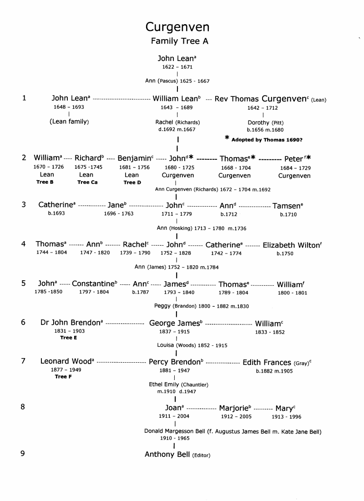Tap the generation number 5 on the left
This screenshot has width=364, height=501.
point(23,283)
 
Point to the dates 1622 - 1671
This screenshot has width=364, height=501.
point(177,67)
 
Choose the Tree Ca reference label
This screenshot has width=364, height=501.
point(86,182)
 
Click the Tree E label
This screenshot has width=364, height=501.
point(69,338)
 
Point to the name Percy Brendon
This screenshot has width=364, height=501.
point(175,363)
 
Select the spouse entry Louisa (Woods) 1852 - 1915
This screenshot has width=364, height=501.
point(192,345)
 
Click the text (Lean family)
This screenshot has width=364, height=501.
point(69,121)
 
